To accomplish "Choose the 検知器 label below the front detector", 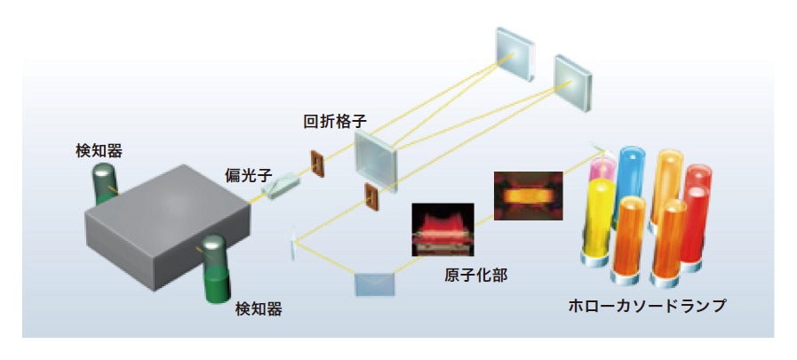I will [259, 309].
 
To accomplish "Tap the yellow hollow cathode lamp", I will [601, 222].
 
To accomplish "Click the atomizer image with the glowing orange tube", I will [528, 196].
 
